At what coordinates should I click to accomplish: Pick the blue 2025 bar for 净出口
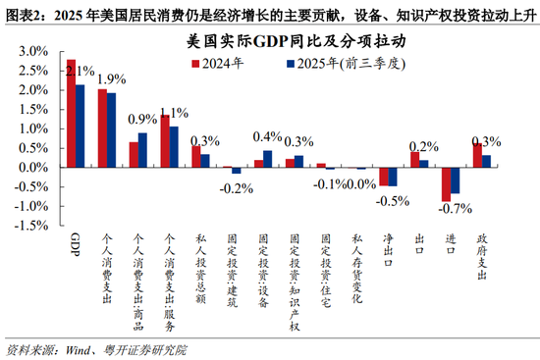pos(393,176)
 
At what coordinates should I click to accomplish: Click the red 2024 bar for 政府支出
pos(477,155)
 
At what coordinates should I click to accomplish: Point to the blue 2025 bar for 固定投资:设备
pos(268,158)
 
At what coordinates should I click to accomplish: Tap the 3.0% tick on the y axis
pos(28,51)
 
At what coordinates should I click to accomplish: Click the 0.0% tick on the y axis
pos(28,167)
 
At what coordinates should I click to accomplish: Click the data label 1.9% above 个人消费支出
pos(111,79)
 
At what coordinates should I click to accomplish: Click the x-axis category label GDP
pos(76,242)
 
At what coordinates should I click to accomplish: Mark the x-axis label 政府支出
pos(482,257)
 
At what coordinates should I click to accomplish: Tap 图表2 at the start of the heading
pos(23,12)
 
